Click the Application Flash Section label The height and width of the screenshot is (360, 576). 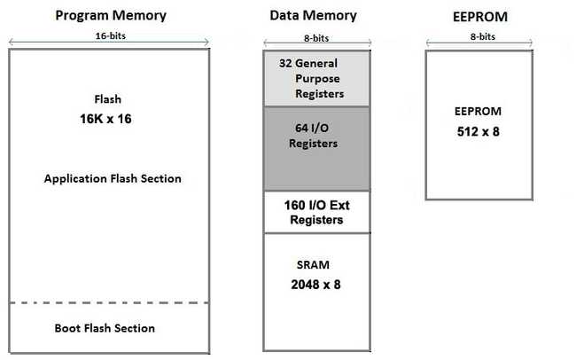113,178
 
